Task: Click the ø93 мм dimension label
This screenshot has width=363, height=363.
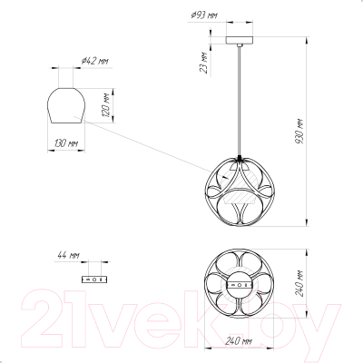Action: tap(204, 15)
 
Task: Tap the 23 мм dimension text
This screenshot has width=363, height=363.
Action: tap(204, 63)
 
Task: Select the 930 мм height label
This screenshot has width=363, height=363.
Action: tap(299, 132)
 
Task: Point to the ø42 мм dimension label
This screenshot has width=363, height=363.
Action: tap(94, 61)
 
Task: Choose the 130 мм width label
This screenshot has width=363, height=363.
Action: tap(65, 143)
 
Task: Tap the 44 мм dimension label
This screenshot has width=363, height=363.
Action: tap(68, 255)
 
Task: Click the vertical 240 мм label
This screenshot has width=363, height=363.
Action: tap(299, 283)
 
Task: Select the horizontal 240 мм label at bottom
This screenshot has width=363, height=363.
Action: tap(239, 341)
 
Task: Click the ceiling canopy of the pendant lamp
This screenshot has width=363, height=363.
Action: tap(240, 40)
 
